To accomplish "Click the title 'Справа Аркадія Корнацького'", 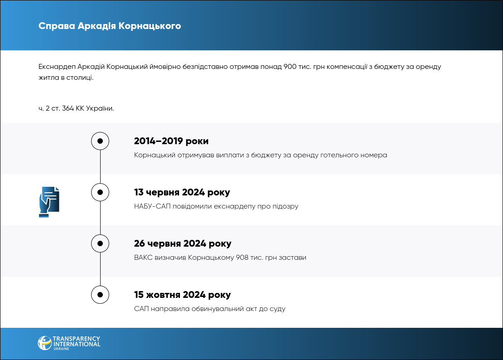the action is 110,26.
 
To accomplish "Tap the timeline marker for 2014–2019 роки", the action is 100,141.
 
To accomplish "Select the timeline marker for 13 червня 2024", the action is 100,192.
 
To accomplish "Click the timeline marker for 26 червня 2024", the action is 100,243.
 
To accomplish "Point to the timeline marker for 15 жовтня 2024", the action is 100,295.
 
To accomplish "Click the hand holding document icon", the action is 49,202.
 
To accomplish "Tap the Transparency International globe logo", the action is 44,343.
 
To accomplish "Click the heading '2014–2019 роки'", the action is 171,141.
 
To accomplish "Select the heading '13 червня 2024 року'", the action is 182,192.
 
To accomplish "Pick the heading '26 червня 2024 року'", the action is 183,243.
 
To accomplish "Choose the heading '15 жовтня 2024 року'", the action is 182,295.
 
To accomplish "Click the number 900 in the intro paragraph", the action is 290,67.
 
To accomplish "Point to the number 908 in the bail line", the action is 242,258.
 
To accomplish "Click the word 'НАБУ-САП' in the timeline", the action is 152,206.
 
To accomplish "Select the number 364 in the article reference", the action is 68,108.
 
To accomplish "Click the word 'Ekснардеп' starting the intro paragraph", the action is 57,67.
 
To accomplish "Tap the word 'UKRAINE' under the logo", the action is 61,349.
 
